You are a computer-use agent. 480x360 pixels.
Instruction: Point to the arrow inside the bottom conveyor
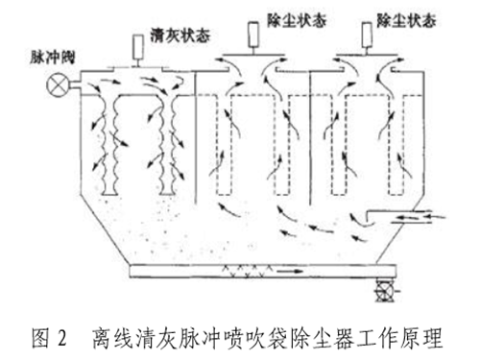[x=288, y=271]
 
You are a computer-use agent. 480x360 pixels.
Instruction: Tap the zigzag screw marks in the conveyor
[x=230, y=272]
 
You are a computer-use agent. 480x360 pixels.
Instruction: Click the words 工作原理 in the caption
[x=407, y=338]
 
